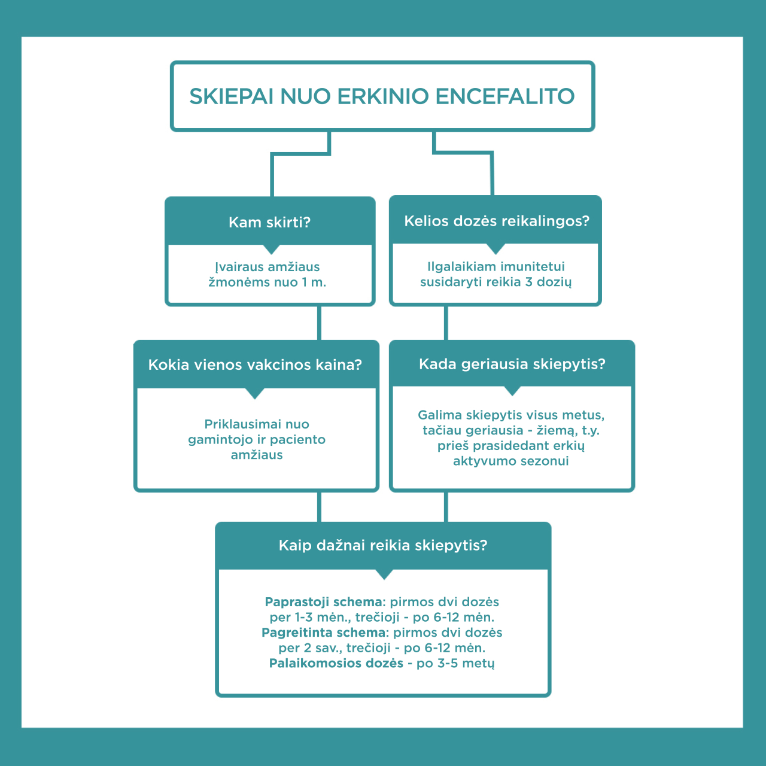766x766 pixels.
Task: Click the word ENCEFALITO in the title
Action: coord(504,96)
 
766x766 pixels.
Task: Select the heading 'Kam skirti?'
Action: coord(269,223)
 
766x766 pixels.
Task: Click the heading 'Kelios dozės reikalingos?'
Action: coord(497,221)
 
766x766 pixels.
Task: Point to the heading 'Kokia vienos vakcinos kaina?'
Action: coord(255,365)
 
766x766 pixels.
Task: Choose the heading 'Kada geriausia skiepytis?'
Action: coord(512,364)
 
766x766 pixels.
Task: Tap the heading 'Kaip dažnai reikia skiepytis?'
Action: coord(383,545)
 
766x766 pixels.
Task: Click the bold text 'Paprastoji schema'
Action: coord(323,602)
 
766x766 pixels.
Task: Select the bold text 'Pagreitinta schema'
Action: coord(323,633)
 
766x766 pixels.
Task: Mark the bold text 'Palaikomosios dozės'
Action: coord(336,663)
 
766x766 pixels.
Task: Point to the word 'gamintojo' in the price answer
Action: coord(218,440)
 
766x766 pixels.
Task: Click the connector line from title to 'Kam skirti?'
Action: coord(272,174)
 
